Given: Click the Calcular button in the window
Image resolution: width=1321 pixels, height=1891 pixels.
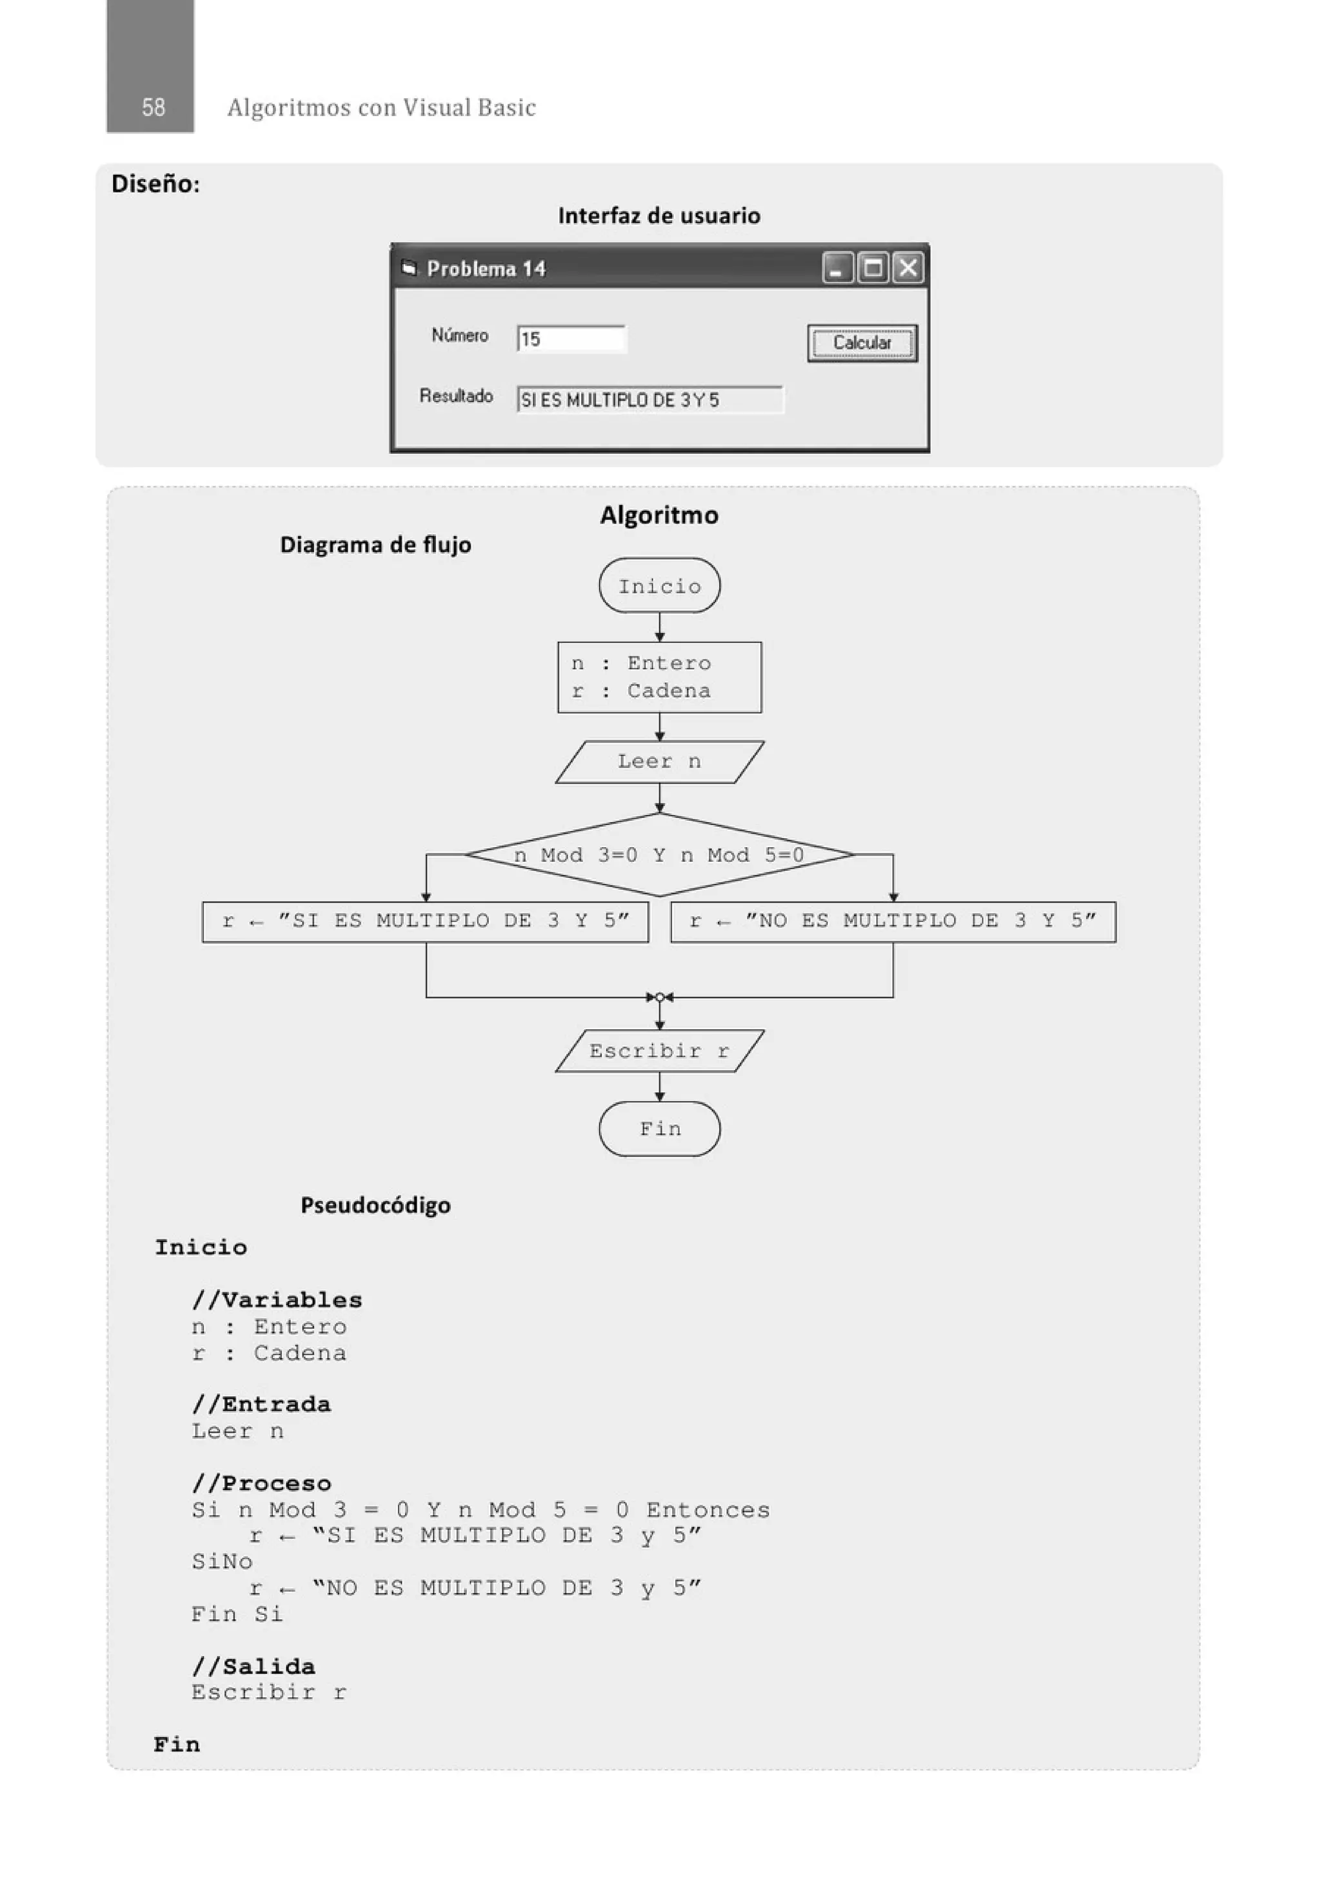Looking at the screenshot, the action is (862, 343).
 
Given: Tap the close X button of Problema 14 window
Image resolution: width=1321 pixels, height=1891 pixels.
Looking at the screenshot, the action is (908, 268).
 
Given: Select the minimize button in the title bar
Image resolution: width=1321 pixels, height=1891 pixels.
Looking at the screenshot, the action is (837, 268).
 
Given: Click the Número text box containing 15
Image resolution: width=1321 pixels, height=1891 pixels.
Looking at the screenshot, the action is (571, 339).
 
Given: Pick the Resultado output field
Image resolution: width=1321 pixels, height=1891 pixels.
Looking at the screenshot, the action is (650, 400).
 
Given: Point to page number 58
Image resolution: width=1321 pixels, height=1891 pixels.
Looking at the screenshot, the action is (153, 107).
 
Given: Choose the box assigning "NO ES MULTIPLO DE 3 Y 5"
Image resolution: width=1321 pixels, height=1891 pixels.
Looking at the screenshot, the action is (893, 921).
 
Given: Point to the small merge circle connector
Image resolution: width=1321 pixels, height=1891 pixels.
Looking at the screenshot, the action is (660, 997).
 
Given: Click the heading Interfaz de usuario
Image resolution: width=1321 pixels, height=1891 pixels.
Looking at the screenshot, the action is (659, 215).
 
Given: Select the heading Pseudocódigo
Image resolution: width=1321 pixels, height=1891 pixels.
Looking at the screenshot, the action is (375, 1205).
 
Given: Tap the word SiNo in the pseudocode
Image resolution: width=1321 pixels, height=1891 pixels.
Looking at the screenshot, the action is (221, 1561).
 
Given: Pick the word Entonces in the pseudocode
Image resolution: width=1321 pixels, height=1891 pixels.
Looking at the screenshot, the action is (708, 1510).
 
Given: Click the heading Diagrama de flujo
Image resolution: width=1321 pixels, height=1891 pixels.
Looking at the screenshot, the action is (375, 545).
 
